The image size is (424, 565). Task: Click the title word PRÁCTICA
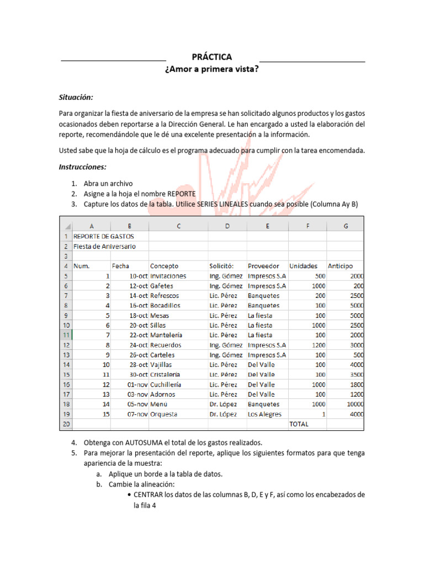click(x=211, y=57)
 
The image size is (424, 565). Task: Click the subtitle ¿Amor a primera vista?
click(x=211, y=69)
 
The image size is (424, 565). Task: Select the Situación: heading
click(x=76, y=97)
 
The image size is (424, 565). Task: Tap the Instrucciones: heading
click(x=82, y=167)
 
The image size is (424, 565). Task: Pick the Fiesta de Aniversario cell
click(x=104, y=246)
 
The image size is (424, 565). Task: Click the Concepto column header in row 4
click(x=165, y=266)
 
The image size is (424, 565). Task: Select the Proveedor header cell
click(x=263, y=266)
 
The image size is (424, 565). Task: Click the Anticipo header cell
click(x=340, y=266)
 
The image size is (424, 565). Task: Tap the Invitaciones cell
click(x=168, y=276)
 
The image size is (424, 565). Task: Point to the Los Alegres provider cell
click(x=264, y=414)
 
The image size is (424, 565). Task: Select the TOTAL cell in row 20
click(x=299, y=424)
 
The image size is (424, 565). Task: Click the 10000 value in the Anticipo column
click(x=353, y=404)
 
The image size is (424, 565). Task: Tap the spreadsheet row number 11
click(x=66, y=335)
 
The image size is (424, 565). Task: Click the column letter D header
click(x=227, y=226)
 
